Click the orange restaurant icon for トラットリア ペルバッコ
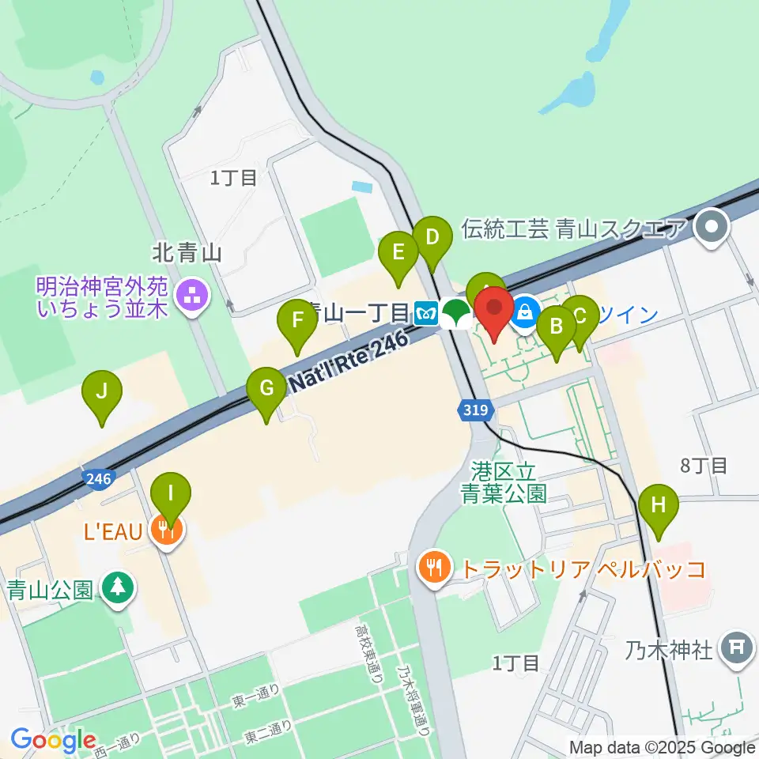click(433, 567)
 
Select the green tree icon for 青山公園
click(119, 588)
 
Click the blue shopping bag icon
click(523, 314)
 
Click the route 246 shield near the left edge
click(98, 478)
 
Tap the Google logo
click(53, 740)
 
